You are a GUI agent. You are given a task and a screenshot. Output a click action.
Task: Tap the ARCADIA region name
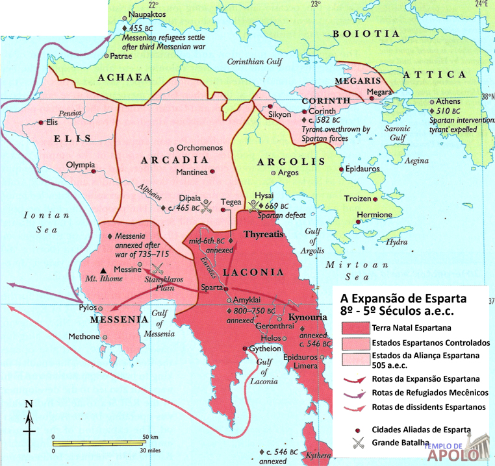175,160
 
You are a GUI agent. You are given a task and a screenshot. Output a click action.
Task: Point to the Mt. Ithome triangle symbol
103,270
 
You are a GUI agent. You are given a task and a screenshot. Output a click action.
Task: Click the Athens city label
448,101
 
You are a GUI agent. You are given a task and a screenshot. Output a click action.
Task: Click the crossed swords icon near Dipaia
207,208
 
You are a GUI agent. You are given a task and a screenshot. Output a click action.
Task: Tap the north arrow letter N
29,404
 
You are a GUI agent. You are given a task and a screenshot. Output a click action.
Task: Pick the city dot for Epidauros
342,170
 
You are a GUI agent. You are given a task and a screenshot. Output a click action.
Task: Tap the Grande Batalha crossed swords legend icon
357,444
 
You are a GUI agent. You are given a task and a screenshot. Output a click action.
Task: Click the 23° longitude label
316,5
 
